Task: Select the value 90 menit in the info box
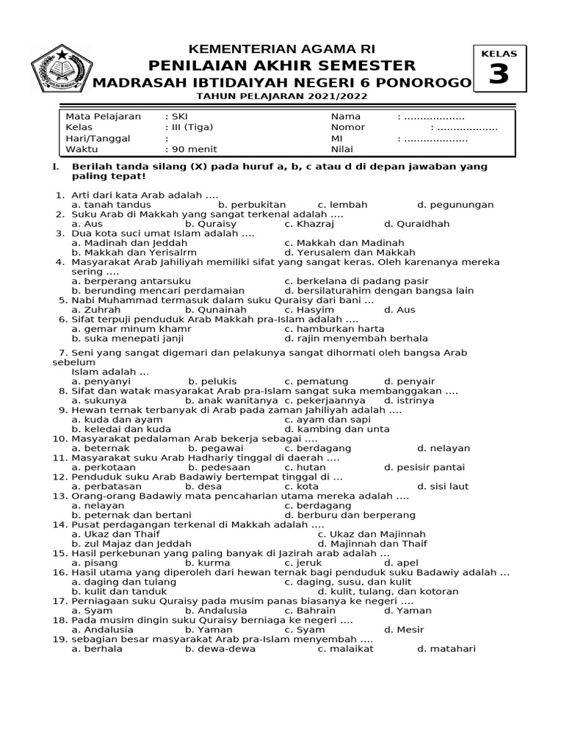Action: pyautogui.click(x=192, y=149)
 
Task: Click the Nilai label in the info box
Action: pyautogui.click(x=343, y=149)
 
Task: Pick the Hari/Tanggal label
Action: pyautogui.click(x=98, y=138)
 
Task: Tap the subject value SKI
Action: pyautogui.click(x=179, y=116)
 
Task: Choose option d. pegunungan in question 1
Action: pyautogui.click(x=455, y=205)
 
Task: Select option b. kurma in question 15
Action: pyautogui.click(x=208, y=563)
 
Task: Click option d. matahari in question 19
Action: pyautogui.click(x=446, y=648)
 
